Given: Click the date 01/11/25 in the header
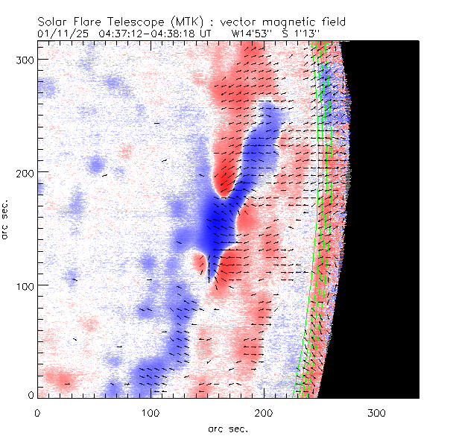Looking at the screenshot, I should point(59,34).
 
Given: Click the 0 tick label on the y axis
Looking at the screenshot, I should point(31,395).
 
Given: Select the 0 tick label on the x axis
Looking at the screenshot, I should point(37,412).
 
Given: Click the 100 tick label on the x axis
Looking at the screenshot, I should point(151,412).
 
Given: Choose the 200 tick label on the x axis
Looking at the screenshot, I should point(264,412).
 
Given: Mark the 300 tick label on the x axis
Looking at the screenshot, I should point(377,412).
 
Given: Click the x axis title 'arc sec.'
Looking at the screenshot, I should point(227,428).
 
